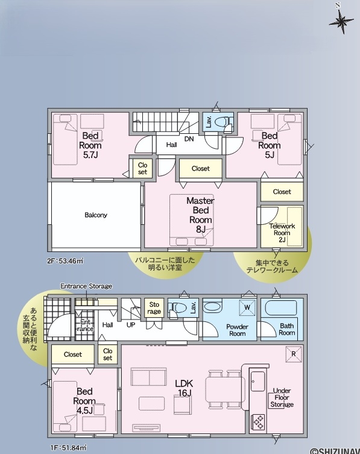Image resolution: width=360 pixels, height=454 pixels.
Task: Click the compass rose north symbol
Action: pos(341,20)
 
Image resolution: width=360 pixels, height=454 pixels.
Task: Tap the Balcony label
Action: pos(96,215)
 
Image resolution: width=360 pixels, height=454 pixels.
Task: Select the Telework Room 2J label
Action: pos(282,233)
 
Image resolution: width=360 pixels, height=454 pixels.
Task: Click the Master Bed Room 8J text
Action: pos(200,215)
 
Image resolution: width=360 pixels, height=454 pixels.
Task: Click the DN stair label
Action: pos(189,139)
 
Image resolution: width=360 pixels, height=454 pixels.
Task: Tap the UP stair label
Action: pos(131,325)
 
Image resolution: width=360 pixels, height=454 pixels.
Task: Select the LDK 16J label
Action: pos(184,388)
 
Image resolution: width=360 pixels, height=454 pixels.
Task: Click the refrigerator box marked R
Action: pos(294,354)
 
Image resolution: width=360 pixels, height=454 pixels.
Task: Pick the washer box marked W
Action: pos(247,307)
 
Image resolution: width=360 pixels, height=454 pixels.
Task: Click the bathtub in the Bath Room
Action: pos(280,307)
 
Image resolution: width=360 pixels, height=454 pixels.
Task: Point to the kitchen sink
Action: pos(257,381)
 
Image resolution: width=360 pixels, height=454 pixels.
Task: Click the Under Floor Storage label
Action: pos(282,397)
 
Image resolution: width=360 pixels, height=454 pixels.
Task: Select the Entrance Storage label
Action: pos(86,286)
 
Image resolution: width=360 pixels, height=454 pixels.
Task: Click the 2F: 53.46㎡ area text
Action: pos(65,261)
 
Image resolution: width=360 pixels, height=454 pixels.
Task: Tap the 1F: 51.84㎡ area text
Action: pos(67,448)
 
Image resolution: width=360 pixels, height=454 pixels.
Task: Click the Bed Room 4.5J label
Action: pos(84,401)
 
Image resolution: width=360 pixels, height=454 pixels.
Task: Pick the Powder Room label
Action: pos(237,330)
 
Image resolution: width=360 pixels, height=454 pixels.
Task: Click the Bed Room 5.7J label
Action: pos(90,145)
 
